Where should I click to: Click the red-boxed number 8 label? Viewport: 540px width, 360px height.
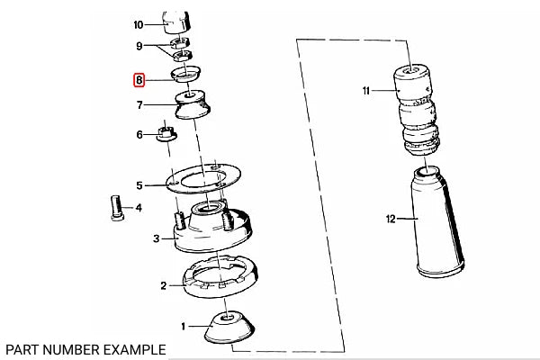(139, 80)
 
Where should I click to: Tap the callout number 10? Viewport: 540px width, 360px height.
(138, 25)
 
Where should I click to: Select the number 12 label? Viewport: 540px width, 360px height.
(391, 219)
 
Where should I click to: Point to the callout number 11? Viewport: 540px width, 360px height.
(365, 91)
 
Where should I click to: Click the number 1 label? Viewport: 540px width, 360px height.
(184, 326)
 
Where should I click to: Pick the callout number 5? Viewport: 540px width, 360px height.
(139, 185)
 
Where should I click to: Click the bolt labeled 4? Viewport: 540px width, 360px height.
(117, 208)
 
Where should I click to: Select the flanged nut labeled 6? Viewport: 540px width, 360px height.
(166, 134)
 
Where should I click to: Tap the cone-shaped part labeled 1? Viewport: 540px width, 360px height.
(229, 327)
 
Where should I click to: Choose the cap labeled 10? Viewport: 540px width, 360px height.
(176, 22)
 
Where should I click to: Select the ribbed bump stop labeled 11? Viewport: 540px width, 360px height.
(417, 109)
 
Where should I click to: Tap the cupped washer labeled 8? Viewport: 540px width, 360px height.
(185, 75)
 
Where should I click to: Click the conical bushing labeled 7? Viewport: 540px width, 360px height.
(193, 104)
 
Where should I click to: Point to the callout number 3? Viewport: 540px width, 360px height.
(157, 238)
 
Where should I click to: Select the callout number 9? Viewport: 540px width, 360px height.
(139, 46)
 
